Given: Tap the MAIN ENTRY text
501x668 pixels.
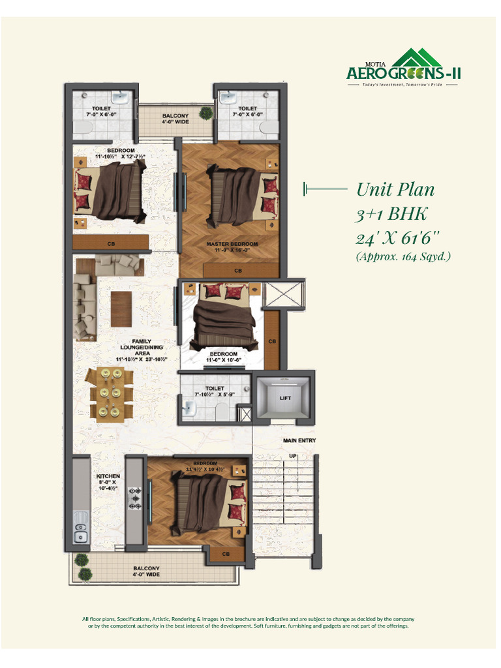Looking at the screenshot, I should click(x=299, y=441).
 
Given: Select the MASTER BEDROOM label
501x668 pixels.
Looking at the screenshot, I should click(x=232, y=244).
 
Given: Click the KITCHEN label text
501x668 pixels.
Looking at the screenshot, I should click(x=108, y=476).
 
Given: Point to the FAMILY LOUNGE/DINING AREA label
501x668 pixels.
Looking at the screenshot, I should click(x=142, y=350).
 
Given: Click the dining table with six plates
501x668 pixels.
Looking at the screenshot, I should click(x=109, y=394).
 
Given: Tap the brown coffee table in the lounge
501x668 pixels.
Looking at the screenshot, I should click(x=121, y=308).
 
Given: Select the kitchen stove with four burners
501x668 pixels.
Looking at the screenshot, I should click(x=136, y=498).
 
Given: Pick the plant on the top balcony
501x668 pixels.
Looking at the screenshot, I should click(x=205, y=114).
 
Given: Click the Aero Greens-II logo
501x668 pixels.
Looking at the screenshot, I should click(x=403, y=68).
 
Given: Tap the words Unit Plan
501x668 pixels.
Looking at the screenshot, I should click(x=395, y=190).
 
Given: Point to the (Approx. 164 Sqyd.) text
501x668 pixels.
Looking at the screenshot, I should click(x=403, y=256).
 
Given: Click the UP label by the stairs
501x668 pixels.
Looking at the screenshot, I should click(x=293, y=456).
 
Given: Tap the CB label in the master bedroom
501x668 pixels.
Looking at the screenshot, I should click(x=238, y=270).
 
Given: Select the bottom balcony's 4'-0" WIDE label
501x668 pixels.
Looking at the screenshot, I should click(x=146, y=575).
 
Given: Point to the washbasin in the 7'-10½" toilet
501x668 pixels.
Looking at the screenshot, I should click(x=190, y=409).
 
